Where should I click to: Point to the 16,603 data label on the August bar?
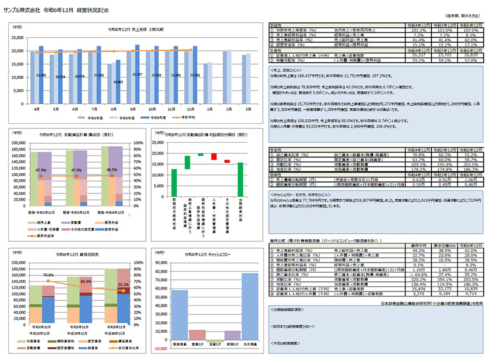click(118, 82)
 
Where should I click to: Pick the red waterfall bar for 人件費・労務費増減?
click(214, 156)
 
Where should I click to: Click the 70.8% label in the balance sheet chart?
click(48, 275)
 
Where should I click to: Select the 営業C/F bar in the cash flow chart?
click(197, 335)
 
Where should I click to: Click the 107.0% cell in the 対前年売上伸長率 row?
click(471, 30)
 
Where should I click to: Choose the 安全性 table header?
click(276, 150)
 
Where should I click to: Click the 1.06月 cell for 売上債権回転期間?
click(471, 179)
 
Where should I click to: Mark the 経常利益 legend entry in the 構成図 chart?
click(111, 230)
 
